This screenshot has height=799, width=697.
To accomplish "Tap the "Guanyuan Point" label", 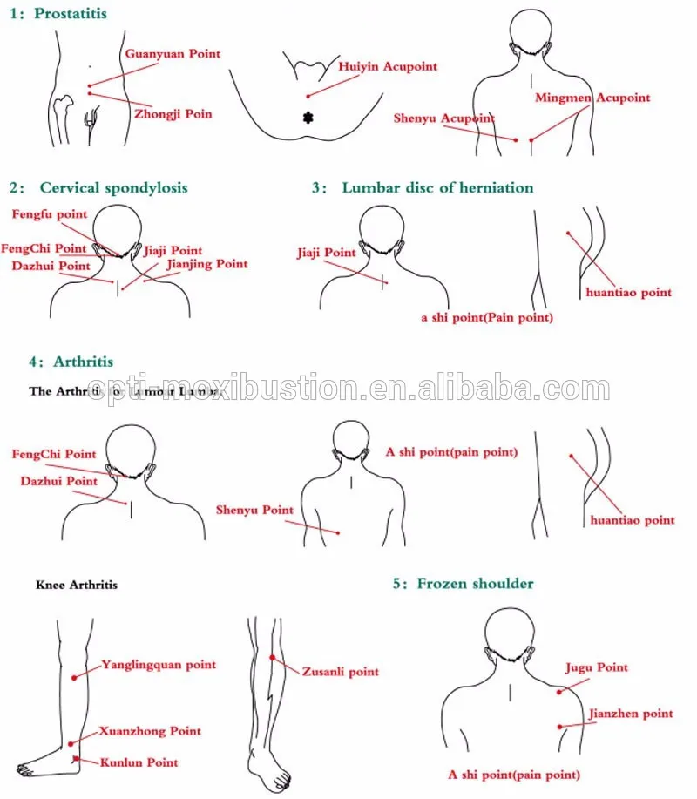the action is pyautogui.click(x=173, y=54).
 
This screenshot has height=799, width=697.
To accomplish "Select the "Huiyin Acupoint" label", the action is pyautogui.click(x=388, y=66).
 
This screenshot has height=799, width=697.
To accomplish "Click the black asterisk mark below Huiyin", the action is pyautogui.click(x=308, y=118).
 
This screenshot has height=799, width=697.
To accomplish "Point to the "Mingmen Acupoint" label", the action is pyautogui.click(x=592, y=98).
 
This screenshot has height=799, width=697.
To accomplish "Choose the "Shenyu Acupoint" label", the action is pyautogui.click(x=443, y=118).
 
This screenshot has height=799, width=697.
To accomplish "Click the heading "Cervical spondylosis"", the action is pyautogui.click(x=113, y=187).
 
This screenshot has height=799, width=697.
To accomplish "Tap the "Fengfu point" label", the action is pyautogui.click(x=49, y=214).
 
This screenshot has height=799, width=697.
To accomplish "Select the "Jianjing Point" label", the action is pyautogui.click(x=206, y=264).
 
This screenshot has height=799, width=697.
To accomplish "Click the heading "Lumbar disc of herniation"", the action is pyautogui.click(x=437, y=187).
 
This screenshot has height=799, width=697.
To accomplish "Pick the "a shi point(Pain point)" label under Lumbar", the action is pyautogui.click(x=487, y=318).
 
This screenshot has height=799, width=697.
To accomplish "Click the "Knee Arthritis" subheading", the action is pyautogui.click(x=77, y=585).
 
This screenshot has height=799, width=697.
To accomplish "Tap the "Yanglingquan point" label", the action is pyautogui.click(x=159, y=665).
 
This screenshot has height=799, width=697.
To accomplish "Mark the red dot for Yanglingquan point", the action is pyautogui.click(x=75, y=677).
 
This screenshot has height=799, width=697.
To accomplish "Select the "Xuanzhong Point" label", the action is pyautogui.click(x=151, y=731).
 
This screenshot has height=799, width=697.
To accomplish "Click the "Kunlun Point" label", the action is pyautogui.click(x=139, y=762).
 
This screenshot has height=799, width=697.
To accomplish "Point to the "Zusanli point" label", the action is pyautogui.click(x=340, y=672).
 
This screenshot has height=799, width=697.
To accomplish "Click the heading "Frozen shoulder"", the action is pyautogui.click(x=475, y=583).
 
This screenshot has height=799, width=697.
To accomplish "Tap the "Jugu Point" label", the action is pyautogui.click(x=597, y=667).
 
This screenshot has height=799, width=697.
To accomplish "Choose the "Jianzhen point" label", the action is pyautogui.click(x=630, y=714).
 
